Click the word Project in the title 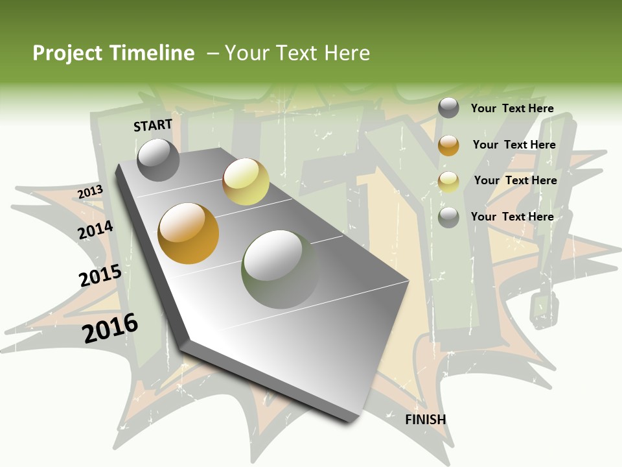pos(66,53)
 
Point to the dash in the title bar pos(212,53)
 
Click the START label pos(153,125)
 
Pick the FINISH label pos(425,420)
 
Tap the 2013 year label pos(90,192)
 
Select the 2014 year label pos(95,230)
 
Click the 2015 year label pos(100,276)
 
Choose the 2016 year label pos(110,328)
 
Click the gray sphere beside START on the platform pos(158,160)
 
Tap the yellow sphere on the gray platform pos(246,182)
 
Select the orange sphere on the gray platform pos(189,233)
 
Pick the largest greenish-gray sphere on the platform pos(280,269)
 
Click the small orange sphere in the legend pos(448,145)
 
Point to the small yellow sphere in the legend pos(448,182)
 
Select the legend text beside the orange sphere pos(514,145)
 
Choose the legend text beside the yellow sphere pos(515,180)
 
